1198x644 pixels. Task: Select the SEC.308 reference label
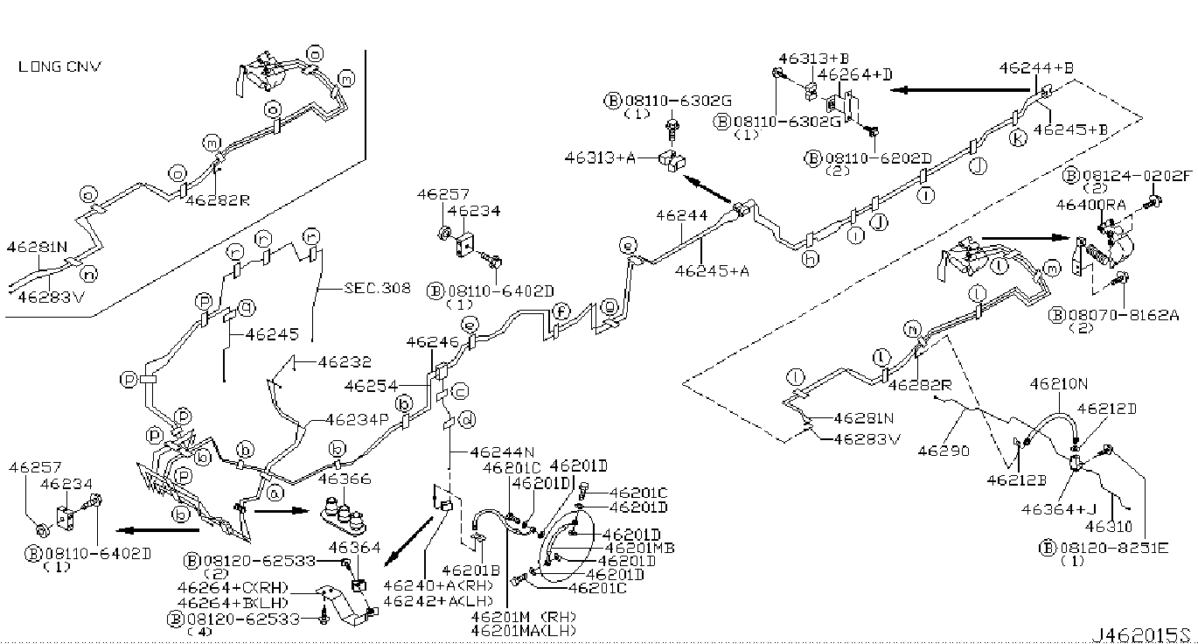coord(377,286)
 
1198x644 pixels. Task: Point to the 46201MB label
coord(638,548)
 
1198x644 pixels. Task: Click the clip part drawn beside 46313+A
coord(673,161)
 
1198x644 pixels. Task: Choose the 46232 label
coord(344,360)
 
